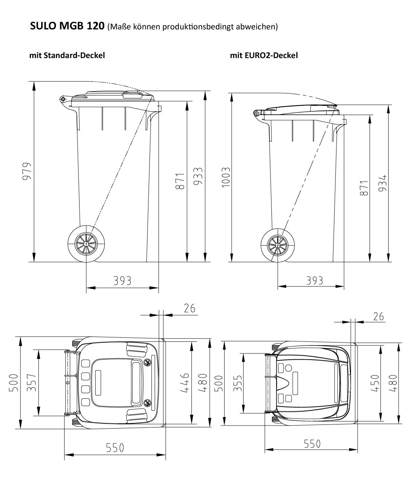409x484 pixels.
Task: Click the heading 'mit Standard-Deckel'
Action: (67, 55)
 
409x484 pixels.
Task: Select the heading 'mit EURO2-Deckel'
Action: (264, 55)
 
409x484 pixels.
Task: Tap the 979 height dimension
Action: (26, 171)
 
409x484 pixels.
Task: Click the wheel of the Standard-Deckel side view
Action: (86, 244)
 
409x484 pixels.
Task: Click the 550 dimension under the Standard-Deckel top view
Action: (115, 448)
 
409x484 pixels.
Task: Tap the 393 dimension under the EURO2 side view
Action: (315, 280)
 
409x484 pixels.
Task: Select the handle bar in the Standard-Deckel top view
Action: (67, 382)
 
